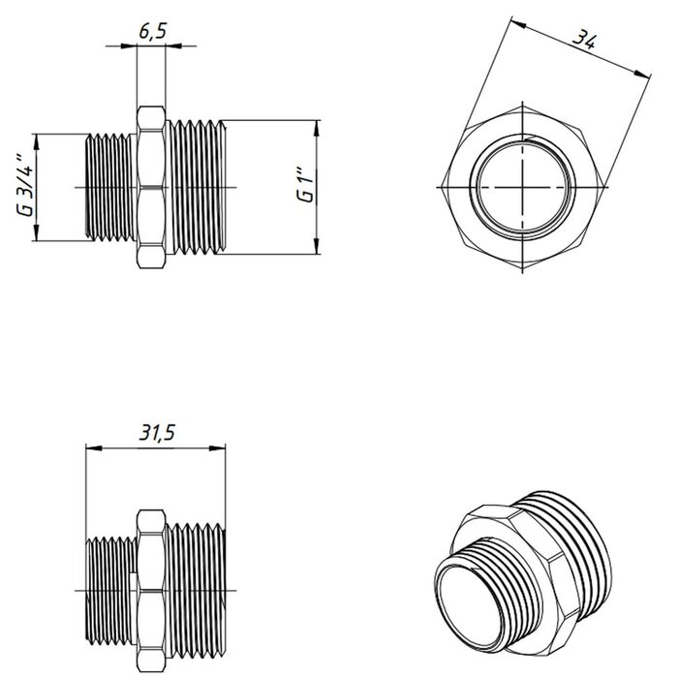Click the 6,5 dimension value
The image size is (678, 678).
coord(153,32)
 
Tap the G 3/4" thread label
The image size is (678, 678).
coord(25,186)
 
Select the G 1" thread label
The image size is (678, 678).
coord(304,188)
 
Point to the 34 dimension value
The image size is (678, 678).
coord(585,41)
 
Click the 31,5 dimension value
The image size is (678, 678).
coord(157,432)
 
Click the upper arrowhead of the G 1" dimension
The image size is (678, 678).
coord(317,128)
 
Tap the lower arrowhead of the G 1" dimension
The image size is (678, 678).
coord(317,246)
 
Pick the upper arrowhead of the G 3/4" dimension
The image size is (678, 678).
coord(37,141)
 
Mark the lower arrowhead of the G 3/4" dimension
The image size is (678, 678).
coord(37,232)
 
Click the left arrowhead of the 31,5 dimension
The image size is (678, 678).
coord(94,447)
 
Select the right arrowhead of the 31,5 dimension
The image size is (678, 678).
coord(218,447)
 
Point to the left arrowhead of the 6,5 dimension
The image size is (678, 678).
coord(129,46)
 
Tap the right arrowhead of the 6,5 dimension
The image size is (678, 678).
coord(173,46)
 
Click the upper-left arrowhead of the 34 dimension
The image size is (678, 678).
coord(518,23)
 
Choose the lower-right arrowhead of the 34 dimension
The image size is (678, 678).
coord(642,75)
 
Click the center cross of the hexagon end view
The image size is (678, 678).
coord(522,187)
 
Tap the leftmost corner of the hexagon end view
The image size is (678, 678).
coord(443,187)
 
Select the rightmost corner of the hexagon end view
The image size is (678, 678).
coord(602,187)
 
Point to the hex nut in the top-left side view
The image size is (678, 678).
coord(151,187)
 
